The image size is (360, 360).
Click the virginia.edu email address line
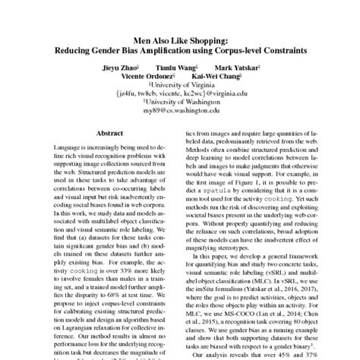pos(179,96)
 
